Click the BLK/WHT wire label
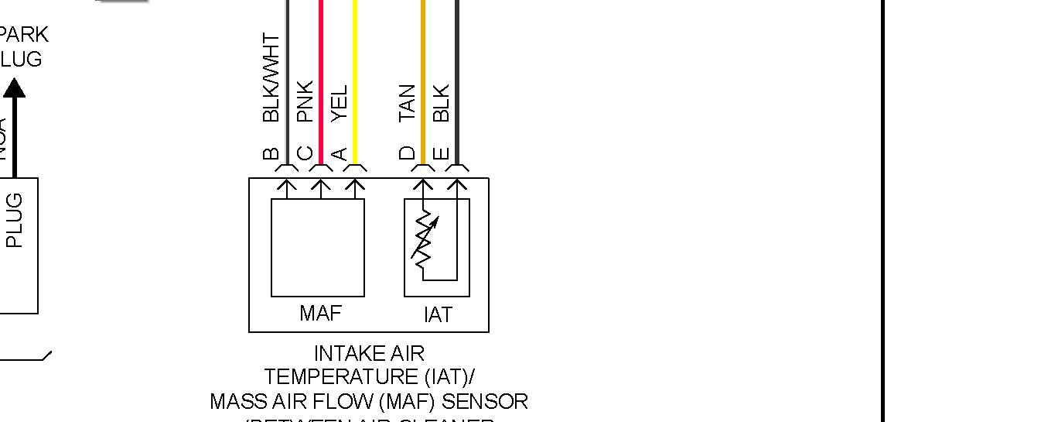click(x=271, y=77)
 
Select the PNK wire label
click(x=305, y=101)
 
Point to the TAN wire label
click(x=407, y=103)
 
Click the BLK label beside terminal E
click(x=441, y=103)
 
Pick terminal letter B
click(x=271, y=153)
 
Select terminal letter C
click(x=305, y=153)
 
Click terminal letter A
click(x=339, y=153)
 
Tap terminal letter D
click(x=407, y=153)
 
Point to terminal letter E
click(x=441, y=153)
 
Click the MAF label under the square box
click(x=320, y=313)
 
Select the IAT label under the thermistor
click(x=437, y=314)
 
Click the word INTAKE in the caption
click(x=342, y=354)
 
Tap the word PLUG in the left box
click(x=14, y=220)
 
